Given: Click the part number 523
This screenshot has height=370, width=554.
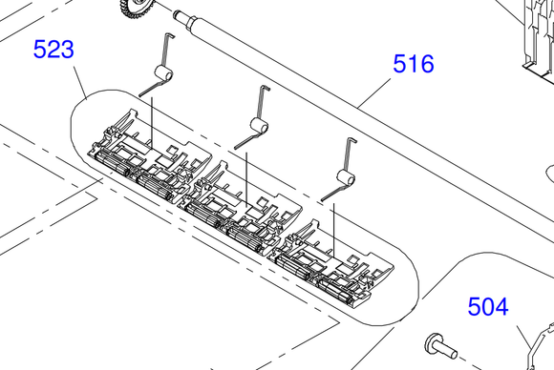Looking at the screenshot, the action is (x=53, y=49).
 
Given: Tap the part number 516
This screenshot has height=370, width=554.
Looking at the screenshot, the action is (x=414, y=64).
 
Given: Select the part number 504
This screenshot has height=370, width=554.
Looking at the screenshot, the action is (x=488, y=306).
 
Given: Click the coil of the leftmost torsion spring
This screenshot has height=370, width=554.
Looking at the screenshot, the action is (x=163, y=74).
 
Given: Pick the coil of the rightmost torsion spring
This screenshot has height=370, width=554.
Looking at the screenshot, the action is (x=346, y=177).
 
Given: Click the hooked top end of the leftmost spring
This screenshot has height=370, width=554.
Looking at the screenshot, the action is (x=170, y=35).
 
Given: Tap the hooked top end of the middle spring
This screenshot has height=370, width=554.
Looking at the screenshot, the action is (x=266, y=88).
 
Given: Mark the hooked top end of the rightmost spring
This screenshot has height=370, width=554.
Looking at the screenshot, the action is (x=352, y=140).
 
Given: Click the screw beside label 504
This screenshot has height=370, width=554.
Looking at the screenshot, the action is (x=441, y=347).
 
